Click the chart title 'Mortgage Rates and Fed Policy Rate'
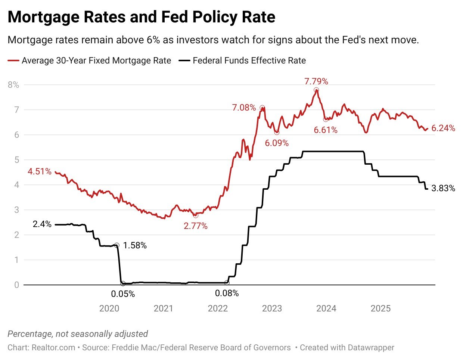click(141, 17)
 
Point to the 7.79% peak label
click(316, 81)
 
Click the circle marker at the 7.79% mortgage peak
click(316, 90)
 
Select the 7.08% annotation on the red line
click(244, 108)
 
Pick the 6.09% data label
click(277, 143)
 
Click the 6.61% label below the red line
click(326, 130)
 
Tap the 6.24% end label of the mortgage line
click(443, 128)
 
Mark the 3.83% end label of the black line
click(443, 189)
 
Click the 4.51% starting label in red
click(40, 172)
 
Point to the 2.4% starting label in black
click(42, 224)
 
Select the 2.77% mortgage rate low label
click(196, 226)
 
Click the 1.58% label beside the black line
click(135, 246)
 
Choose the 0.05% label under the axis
click(123, 294)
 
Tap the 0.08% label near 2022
click(227, 294)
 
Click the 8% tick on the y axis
click(13, 85)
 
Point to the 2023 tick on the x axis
click(272, 308)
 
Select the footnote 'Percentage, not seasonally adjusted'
click(78, 334)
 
